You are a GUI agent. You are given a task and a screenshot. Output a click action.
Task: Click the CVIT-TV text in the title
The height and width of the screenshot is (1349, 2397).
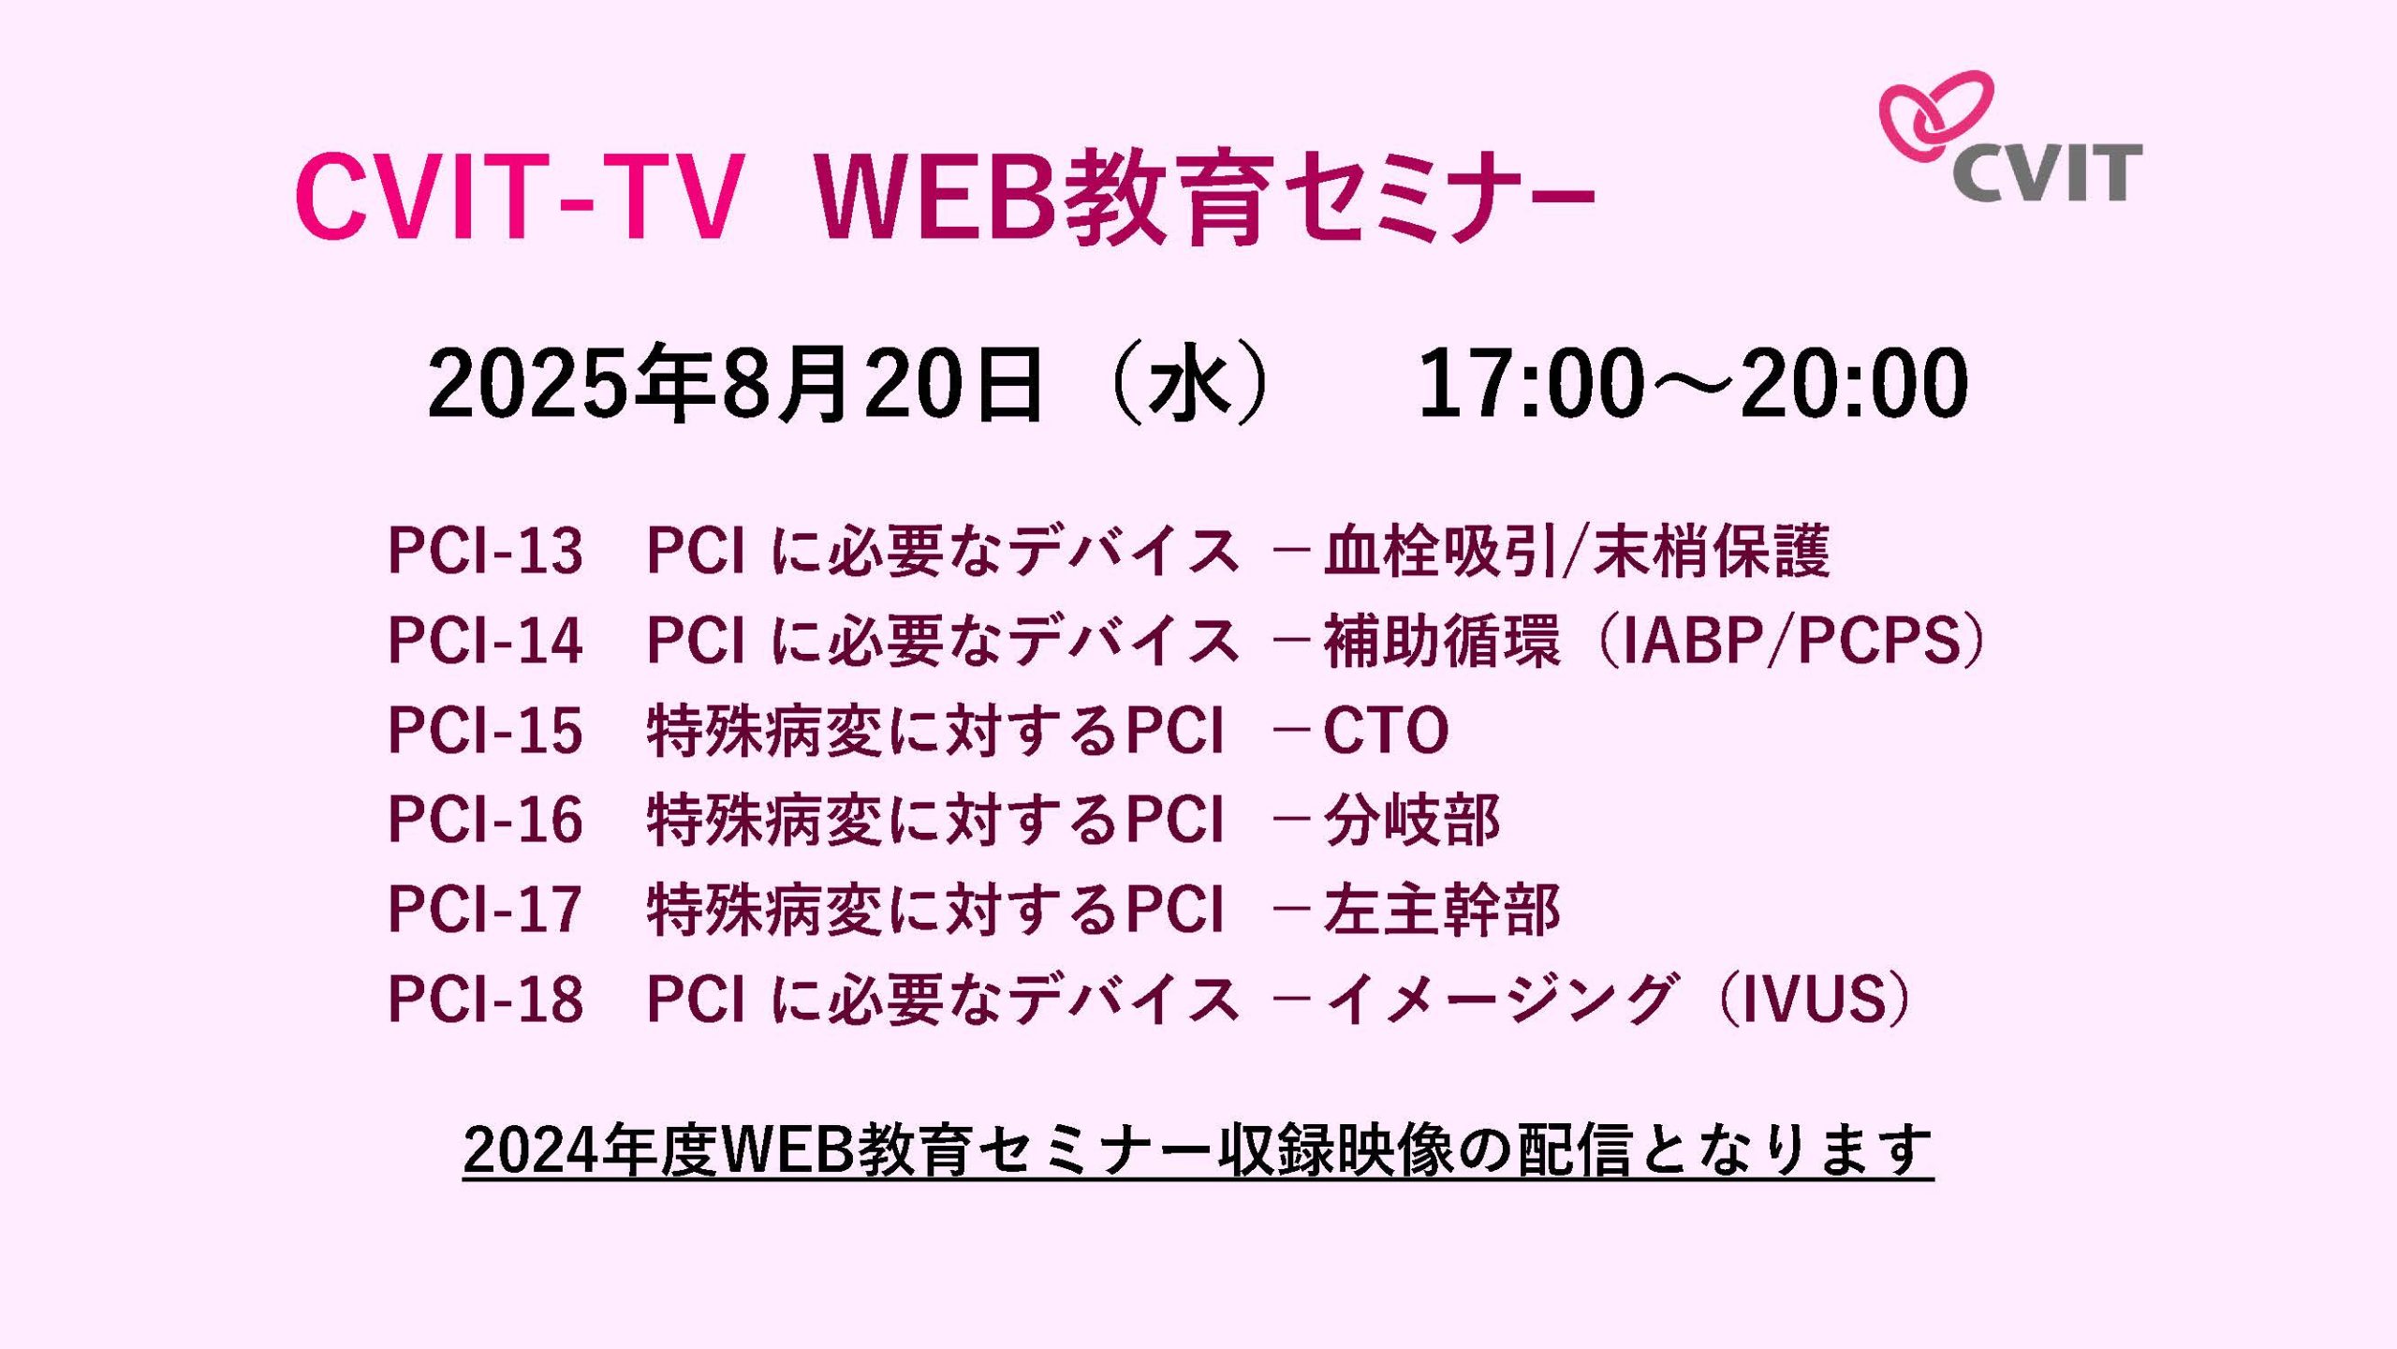[x=520, y=197]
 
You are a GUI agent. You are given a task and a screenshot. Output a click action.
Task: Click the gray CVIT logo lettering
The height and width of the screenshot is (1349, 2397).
[x=2048, y=172]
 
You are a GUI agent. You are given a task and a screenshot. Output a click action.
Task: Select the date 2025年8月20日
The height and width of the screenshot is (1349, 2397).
[x=735, y=383]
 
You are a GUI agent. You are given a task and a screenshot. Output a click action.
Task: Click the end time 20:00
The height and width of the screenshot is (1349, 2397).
[x=1855, y=383]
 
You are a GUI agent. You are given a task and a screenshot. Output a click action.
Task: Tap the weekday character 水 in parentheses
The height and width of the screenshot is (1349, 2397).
[x=1188, y=383]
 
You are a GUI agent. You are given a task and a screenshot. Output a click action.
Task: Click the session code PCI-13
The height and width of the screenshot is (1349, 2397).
[x=485, y=550]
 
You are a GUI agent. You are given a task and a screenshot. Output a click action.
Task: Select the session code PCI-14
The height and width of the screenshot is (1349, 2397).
[x=485, y=640]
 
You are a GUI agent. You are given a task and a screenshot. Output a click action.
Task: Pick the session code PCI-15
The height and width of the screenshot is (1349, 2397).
[x=485, y=730]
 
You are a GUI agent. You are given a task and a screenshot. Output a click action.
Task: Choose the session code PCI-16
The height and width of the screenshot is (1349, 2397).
[x=485, y=820]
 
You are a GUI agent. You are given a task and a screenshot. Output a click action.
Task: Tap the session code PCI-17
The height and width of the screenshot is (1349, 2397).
[x=485, y=909]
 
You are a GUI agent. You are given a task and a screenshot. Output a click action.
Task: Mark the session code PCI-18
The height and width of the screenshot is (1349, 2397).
[x=485, y=999]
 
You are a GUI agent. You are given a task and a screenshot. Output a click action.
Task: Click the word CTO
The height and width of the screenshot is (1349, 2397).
[x=1386, y=730]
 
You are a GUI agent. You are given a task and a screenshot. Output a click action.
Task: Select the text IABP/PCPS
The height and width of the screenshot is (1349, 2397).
[x=1790, y=640]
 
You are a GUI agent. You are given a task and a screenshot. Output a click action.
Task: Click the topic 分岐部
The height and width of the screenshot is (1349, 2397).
[x=1412, y=820]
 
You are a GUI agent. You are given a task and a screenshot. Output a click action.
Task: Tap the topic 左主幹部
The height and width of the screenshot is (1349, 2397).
[x=1442, y=909]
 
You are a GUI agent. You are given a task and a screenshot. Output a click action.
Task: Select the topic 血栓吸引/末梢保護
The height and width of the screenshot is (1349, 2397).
[x=1577, y=550]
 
